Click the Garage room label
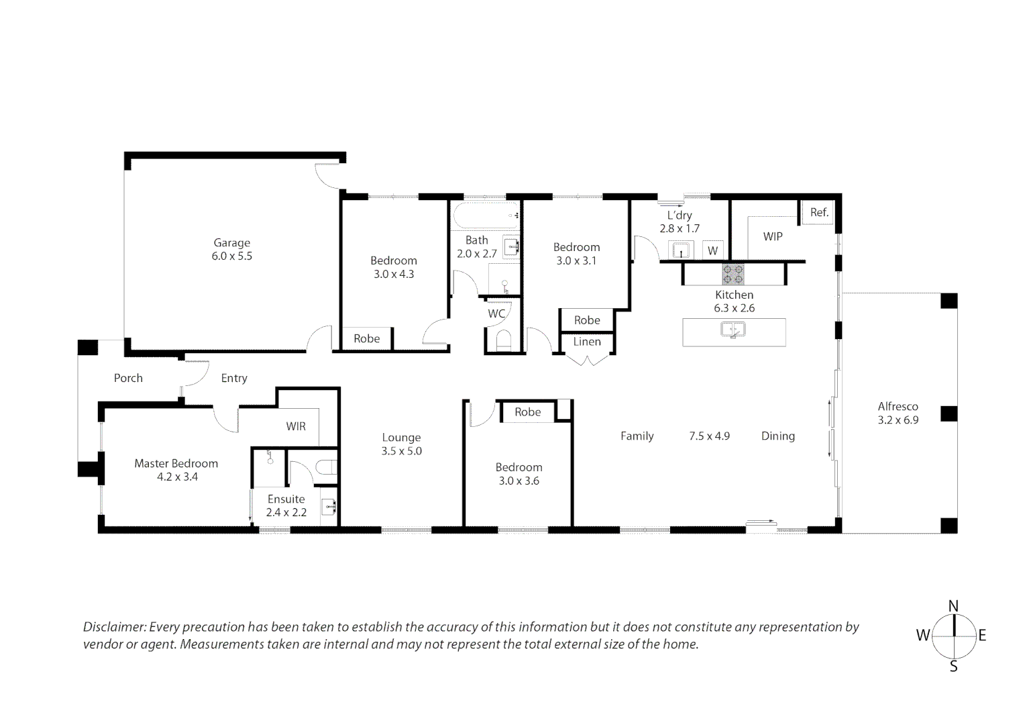(232, 243)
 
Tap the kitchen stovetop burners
(733, 274)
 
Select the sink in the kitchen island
(733, 330)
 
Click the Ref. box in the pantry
(819, 213)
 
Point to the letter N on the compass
(954, 606)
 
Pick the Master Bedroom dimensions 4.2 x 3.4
(178, 477)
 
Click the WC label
(496, 313)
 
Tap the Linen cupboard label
(587, 342)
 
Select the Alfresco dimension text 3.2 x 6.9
(898, 420)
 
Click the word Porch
(128, 379)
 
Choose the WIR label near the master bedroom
(296, 426)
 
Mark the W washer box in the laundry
(712, 250)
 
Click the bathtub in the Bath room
(486, 215)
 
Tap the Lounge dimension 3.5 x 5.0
(402, 451)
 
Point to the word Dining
(778, 436)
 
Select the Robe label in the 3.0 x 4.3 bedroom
(367, 338)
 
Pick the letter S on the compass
(954, 667)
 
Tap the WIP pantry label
(773, 237)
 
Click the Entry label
(234, 379)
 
